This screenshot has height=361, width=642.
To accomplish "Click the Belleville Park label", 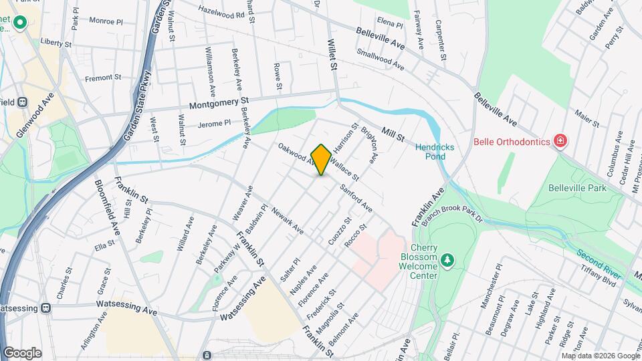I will pyautogui.click(x=576, y=188).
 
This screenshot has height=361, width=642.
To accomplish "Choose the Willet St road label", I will pyautogui.click(x=332, y=54).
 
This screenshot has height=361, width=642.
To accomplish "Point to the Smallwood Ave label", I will pyautogui.click(x=381, y=59).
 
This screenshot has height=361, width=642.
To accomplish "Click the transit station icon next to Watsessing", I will pyautogui.click(x=45, y=308).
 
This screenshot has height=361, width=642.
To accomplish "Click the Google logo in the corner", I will pyautogui.click(x=22, y=352).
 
